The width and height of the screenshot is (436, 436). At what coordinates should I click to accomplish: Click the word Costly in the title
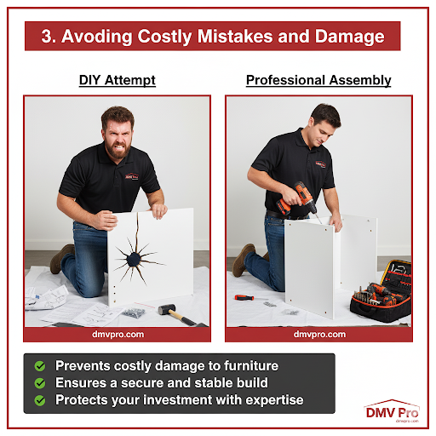(x=164, y=37)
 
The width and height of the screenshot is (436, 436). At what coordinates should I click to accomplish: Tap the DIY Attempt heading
(x=118, y=80)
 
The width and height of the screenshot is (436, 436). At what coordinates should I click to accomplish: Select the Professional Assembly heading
(x=318, y=80)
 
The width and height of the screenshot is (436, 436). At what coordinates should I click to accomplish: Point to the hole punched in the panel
(x=134, y=260)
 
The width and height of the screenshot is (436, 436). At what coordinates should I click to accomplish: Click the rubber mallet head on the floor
(x=167, y=309)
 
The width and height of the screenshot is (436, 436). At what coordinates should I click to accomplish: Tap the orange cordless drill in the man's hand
(x=296, y=198)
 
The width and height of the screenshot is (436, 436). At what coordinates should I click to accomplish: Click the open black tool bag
(x=381, y=292)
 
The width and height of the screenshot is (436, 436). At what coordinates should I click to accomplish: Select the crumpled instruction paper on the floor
(x=46, y=297)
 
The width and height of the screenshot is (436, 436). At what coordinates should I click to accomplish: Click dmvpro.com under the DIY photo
(x=118, y=335)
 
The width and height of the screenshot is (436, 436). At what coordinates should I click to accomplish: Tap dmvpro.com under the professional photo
(x=319, y=335)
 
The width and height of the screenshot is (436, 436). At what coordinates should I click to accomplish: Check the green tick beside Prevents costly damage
(x=40, y=366)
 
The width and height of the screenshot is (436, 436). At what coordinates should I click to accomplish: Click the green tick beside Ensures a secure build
(x=40, y=383)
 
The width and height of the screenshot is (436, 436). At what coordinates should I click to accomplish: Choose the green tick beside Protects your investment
(x=40, y=400)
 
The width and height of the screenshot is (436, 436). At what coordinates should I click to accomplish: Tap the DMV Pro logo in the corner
(x=392, y=411)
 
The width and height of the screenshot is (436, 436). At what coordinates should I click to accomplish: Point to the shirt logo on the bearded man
(x=132, y=176)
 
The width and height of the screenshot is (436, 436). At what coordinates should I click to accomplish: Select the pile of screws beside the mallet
(x=134, y=313)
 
